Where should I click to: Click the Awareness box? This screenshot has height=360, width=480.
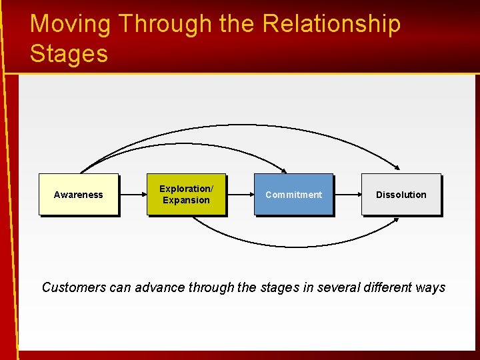[x=79, y=195]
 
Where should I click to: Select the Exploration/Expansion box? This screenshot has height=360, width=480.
[x=186, y=195]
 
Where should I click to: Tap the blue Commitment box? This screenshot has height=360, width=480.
[x=293, y=195]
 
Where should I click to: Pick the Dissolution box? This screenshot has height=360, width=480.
[x=401, y=195]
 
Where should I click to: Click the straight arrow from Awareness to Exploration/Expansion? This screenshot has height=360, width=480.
[x=132, y=195]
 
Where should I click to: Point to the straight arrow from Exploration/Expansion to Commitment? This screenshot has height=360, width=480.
[x=239, y=195]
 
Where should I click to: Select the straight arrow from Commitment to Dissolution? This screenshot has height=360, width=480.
[x=347, y=195]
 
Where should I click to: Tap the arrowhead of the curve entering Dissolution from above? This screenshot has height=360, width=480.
[x=396, y=167]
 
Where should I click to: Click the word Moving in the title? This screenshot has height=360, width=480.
[x=70, y=24]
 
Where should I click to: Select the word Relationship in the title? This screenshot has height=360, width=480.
[x=331, y=24]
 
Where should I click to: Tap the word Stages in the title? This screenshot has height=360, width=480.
[x=69, y=53]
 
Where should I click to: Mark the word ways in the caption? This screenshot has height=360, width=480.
[x=430, y=287]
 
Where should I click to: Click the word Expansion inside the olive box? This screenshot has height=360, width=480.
[x=186, y=200]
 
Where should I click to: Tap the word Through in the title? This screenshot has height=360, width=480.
[x=165, y=24]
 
